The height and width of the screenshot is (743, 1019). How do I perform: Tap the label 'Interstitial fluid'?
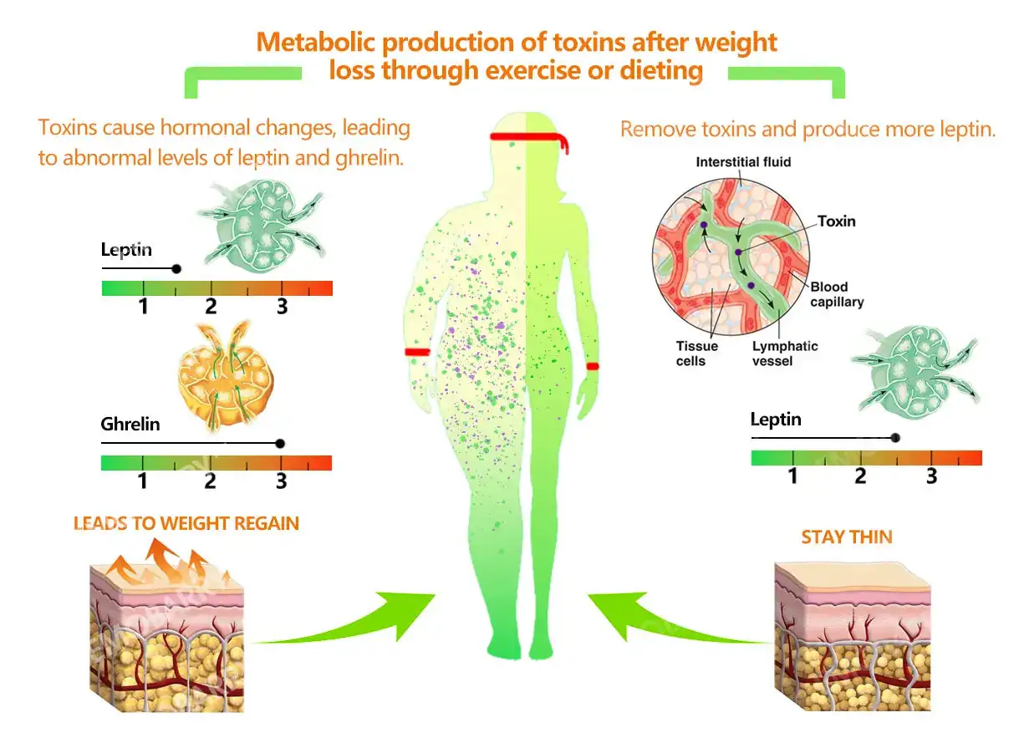pos(743,162)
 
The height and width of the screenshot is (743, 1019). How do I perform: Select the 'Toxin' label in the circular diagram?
pos(836,221)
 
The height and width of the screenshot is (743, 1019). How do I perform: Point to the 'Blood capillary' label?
pos(837,294)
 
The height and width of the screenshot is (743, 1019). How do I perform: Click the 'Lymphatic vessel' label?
pos(785,354)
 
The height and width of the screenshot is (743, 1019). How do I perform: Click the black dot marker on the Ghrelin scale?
pos(280,444)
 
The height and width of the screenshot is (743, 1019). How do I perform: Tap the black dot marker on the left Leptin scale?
pos(176,269)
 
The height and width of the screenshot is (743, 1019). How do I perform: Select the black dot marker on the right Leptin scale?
pos(895,438)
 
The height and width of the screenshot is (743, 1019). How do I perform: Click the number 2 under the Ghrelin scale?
pos(210,481)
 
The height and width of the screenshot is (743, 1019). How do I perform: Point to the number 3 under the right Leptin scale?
pos(931,476)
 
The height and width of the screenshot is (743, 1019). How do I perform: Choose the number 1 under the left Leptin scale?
pos(143,307)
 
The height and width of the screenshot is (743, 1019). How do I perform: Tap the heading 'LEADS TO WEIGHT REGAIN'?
pos(186,524)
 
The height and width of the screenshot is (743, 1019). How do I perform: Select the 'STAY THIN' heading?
pos(846,537)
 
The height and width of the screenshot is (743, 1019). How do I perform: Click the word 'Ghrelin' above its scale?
pos(130,425)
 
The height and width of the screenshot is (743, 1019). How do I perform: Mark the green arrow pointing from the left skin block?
pos(351,623)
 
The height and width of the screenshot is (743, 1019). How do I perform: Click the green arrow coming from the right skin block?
pos(669,623)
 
